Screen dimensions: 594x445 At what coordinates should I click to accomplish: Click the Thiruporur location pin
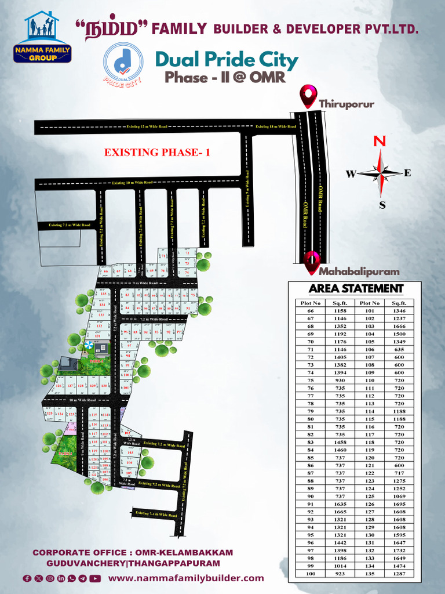[307, 96]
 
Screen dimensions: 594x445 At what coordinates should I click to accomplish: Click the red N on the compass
[380, 141]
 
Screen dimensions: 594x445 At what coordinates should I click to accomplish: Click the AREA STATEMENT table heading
[356, 288]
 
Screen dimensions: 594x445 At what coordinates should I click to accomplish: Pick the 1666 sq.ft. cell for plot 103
[399, 327]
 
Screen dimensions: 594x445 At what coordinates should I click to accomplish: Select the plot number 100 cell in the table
[311, 573]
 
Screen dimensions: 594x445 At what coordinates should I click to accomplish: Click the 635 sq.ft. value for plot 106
[399, 350]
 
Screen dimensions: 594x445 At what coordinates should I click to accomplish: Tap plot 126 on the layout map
[58, 386]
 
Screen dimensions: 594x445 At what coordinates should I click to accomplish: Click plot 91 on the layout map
[188, 309]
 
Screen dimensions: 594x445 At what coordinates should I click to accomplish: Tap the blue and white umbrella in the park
[88, 346]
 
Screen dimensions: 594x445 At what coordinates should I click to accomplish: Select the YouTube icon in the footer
[95, 578]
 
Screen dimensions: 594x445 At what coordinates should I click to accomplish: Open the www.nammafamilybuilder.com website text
[186, 578]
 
